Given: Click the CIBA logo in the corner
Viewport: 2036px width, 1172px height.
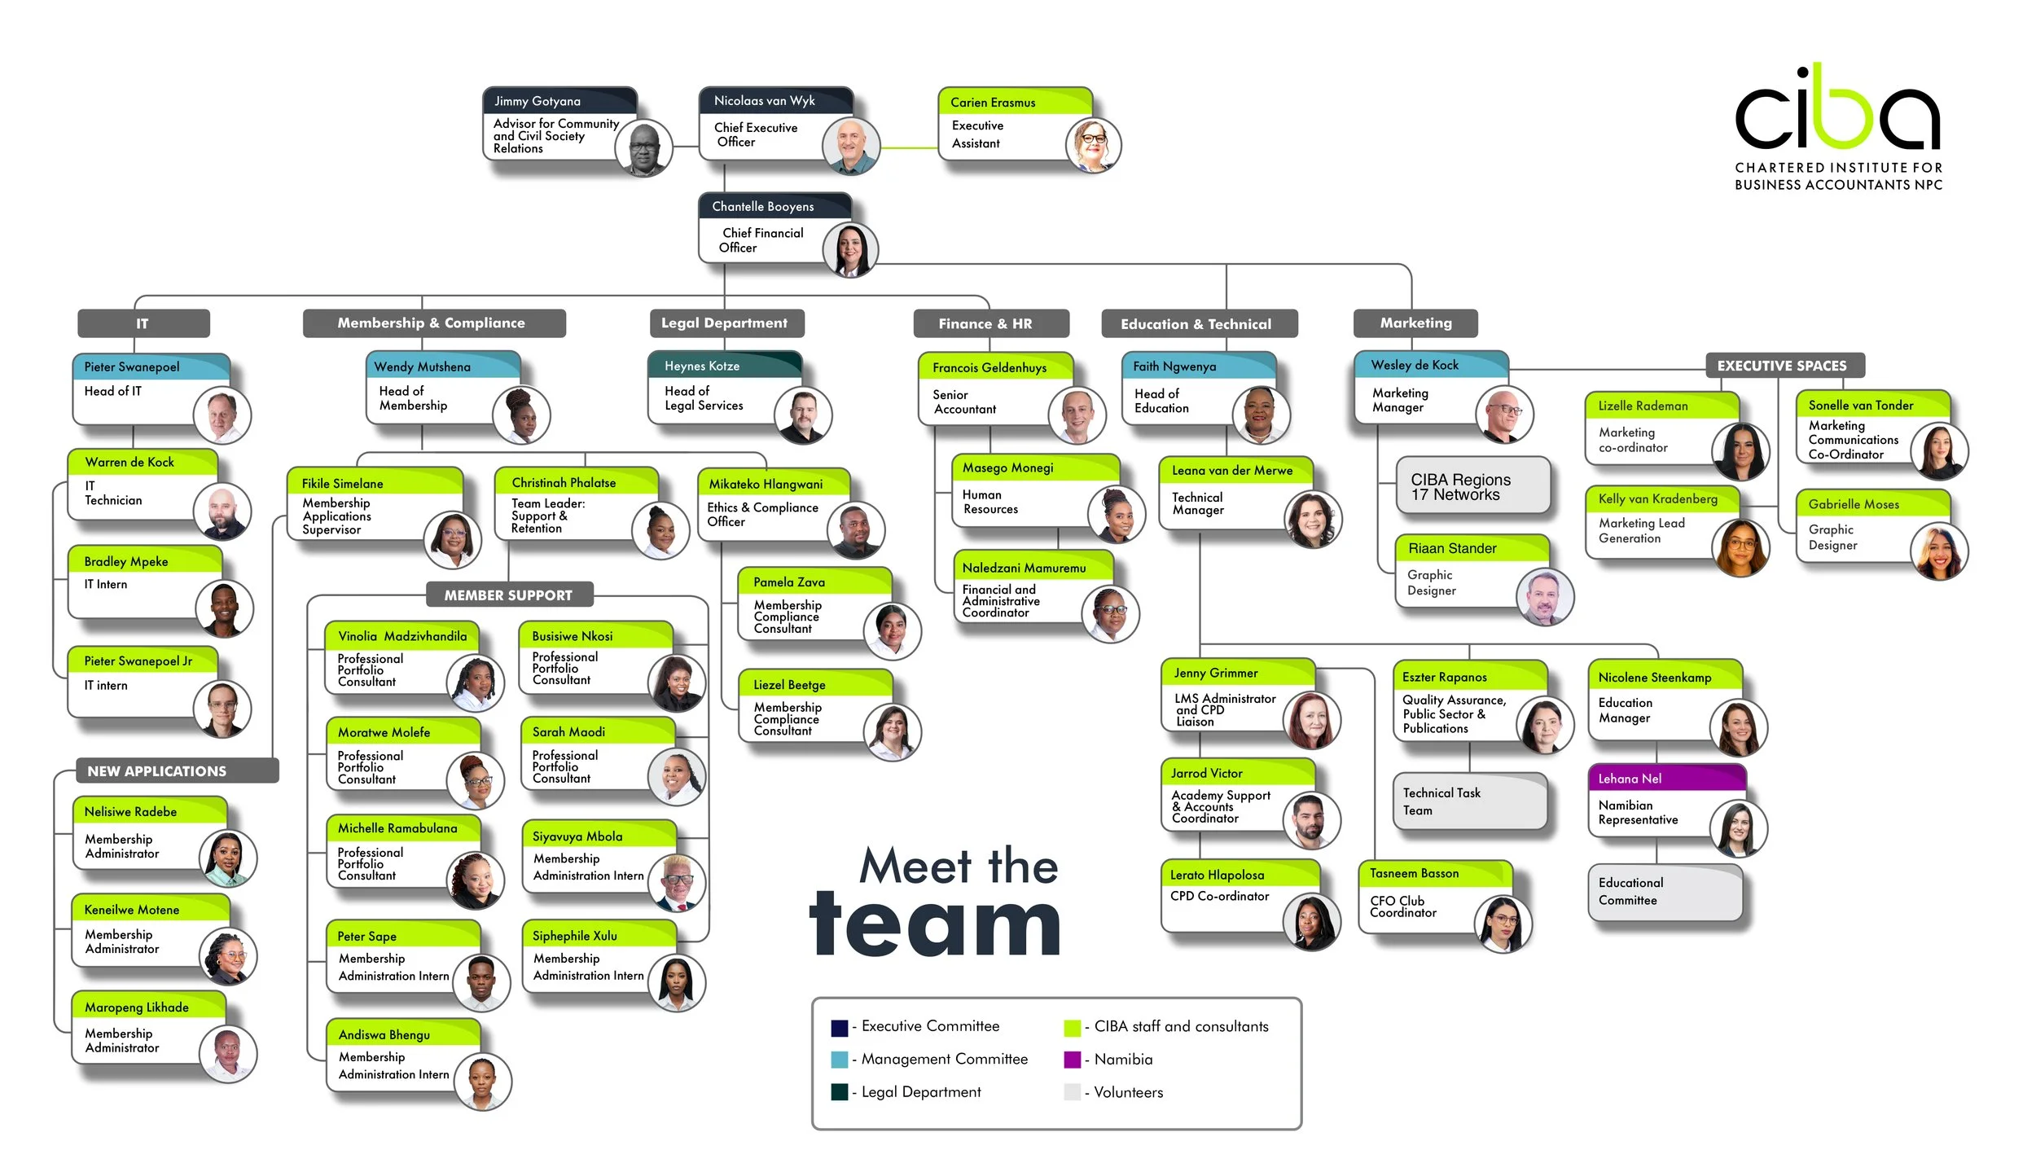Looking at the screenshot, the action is click(1837, 126).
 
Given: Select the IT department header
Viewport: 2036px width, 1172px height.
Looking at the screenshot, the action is click(143, 323).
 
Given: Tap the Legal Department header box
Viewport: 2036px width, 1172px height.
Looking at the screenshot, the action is click(725, 323).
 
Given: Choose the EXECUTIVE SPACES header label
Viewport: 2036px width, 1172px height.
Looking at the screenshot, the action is click(1784, 366).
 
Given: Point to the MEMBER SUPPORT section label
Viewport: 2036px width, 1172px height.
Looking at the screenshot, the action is click(509, 595).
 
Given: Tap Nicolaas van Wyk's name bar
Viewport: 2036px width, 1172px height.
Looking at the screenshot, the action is click(774, 101).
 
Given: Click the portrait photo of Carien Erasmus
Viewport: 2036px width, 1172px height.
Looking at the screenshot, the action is click(1092, 147).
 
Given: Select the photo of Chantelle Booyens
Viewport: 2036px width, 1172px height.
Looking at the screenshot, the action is click(850, 250).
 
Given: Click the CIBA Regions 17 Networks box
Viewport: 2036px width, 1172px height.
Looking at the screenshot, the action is click(1472, 486).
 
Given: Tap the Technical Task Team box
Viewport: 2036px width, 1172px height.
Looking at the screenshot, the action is click(1469, 801).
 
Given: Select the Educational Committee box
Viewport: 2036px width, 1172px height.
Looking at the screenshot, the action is click(1664, 892).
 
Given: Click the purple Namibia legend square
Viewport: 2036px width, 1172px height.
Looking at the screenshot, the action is click(1072, 1060).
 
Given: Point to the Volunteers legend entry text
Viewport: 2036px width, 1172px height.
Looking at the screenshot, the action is click(1128, 1092).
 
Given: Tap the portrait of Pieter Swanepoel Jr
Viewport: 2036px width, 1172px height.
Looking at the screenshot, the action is click(222, 708).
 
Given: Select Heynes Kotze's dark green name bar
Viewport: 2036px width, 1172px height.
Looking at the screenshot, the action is click(723, 366).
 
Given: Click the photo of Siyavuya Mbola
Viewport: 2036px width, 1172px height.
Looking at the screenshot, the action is click(677, 881).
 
